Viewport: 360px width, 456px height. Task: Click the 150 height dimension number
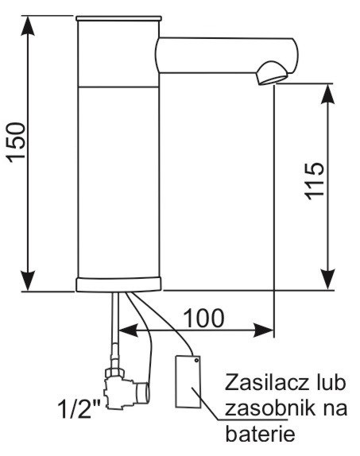click(x=17, y=142)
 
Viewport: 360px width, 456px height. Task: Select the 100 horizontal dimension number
click(x=204, y=318)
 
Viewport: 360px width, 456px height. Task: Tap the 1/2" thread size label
click(x=79, y=409)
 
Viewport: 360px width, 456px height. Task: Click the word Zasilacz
click(x=266, y=383)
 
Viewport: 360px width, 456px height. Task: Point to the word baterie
click(x=261, y=434)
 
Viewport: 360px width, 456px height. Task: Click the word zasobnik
click(x=265, y=408)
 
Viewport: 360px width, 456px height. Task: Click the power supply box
click(x=188, y=381)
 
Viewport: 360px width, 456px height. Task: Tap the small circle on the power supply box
click(x=196, y=361)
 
